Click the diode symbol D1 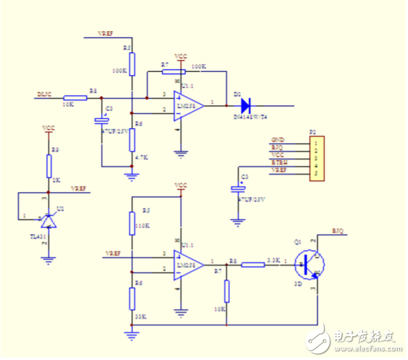245,106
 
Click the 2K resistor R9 49,165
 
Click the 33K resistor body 132,298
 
